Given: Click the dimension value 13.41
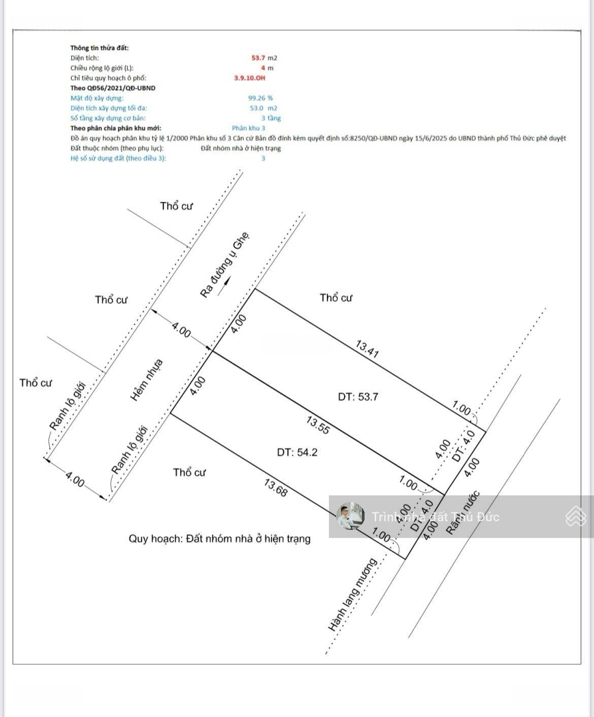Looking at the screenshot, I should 367,350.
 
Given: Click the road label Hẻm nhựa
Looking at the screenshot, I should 146,380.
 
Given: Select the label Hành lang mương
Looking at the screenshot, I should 352,594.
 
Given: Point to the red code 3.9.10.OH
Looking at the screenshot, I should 249,78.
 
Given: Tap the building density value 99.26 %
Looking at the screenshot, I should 260,98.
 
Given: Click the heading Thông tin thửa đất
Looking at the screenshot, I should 100,48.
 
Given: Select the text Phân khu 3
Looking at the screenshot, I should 248,128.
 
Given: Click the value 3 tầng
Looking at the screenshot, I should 270,118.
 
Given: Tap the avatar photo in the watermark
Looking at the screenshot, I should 349,516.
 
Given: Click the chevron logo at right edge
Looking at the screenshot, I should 575,516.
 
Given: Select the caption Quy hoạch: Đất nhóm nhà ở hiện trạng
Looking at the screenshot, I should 219,538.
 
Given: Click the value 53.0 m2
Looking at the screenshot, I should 263,108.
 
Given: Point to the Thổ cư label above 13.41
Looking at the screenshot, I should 336,297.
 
